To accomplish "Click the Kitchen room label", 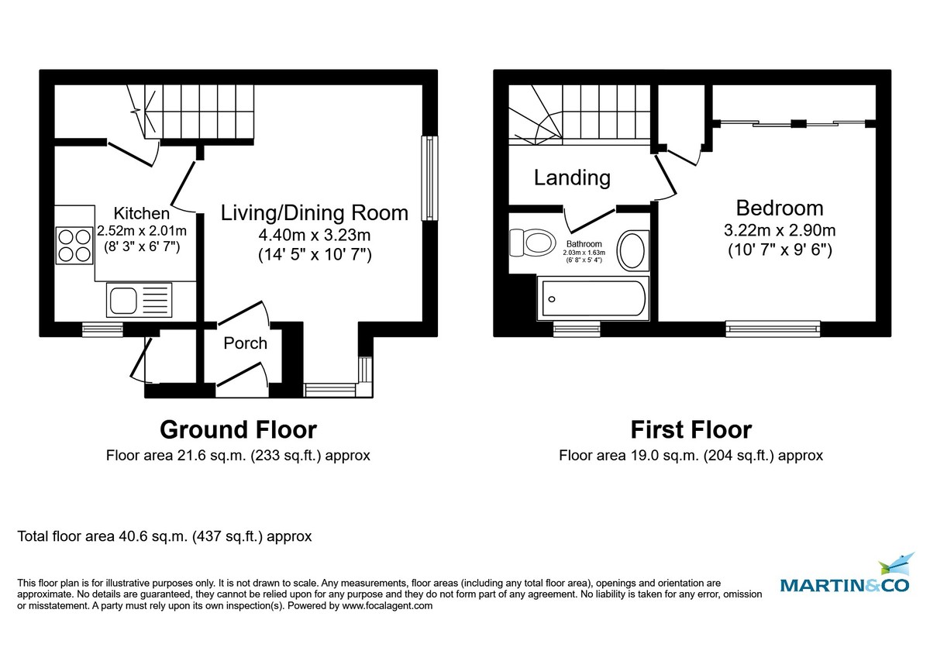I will coord(141,213).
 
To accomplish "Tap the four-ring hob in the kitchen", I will coord(73,244).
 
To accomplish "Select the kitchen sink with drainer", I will coord(137,299).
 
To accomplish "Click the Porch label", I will coord(245,343).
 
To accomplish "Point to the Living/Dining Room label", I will coord(315,212).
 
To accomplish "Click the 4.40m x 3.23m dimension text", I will coord(315,233).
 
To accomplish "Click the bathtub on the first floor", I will coord(593,298).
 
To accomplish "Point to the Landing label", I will coord(572,177).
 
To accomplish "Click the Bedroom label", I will coord(779,208).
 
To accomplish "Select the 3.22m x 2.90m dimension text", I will coord(779,230).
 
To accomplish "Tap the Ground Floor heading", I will coord(238,429).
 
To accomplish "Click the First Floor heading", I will coord(691,429).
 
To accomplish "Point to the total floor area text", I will coord(164,536).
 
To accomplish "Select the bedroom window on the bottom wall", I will coord(773,329).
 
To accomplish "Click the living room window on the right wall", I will coord(427,179).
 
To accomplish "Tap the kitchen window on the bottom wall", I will coord(102,330).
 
